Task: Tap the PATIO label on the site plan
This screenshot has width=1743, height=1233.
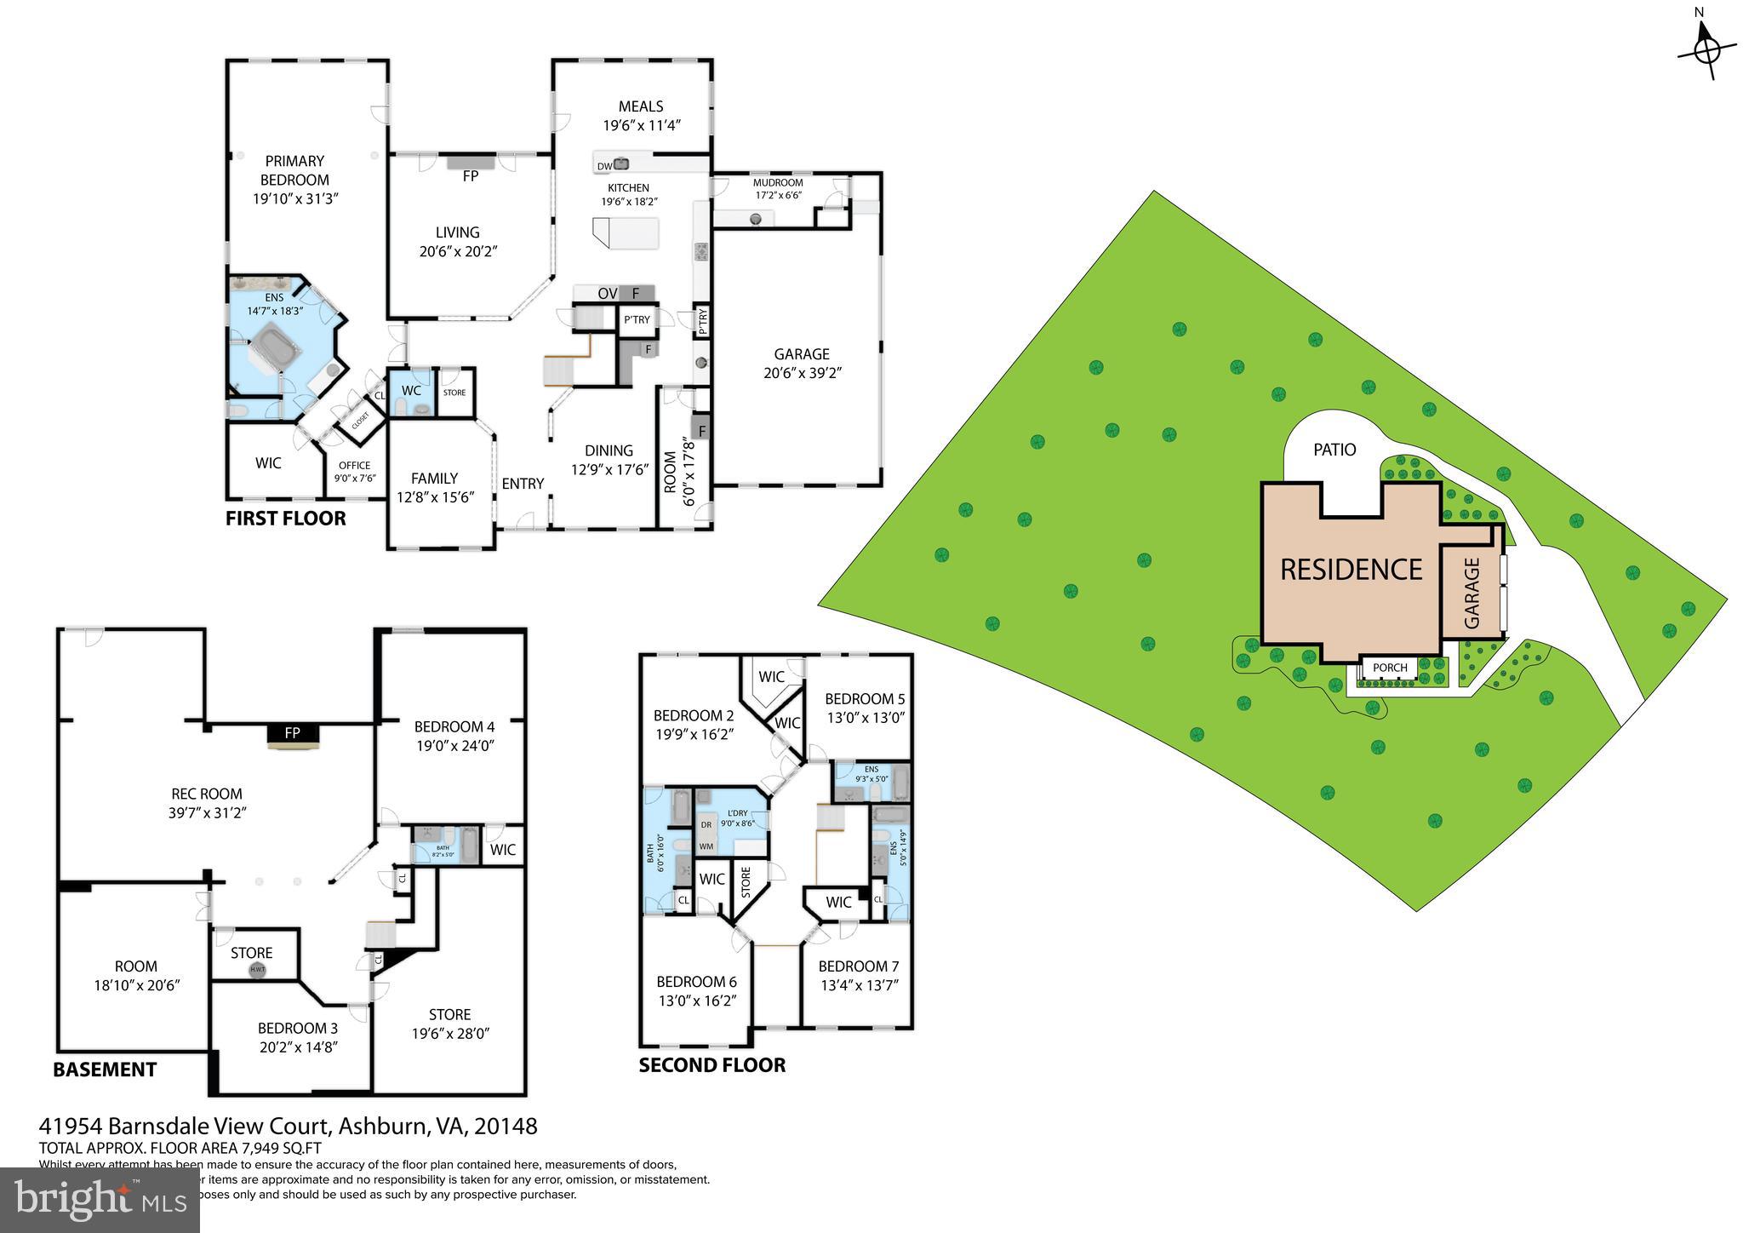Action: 1334,450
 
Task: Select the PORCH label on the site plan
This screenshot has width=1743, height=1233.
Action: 1390,668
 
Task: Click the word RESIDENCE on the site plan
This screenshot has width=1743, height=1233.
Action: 1351,570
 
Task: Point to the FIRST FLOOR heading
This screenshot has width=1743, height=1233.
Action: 285,519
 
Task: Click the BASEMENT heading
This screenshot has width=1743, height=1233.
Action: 105,1070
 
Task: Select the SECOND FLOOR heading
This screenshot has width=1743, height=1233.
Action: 711,1065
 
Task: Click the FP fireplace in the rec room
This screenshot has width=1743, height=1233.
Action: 292,733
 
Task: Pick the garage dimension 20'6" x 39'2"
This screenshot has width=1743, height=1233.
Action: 802,373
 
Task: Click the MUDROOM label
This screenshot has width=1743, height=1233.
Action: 778,183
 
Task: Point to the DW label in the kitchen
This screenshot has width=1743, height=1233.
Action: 603,167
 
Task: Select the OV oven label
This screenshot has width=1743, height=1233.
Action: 607,294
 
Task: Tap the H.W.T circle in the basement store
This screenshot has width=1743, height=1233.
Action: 257,970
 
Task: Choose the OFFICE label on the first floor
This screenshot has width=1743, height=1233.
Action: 354,466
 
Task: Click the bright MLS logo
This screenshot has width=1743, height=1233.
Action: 100,1200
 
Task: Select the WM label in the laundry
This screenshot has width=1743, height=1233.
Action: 706,846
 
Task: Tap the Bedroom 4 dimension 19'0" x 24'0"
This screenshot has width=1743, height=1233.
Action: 454,746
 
